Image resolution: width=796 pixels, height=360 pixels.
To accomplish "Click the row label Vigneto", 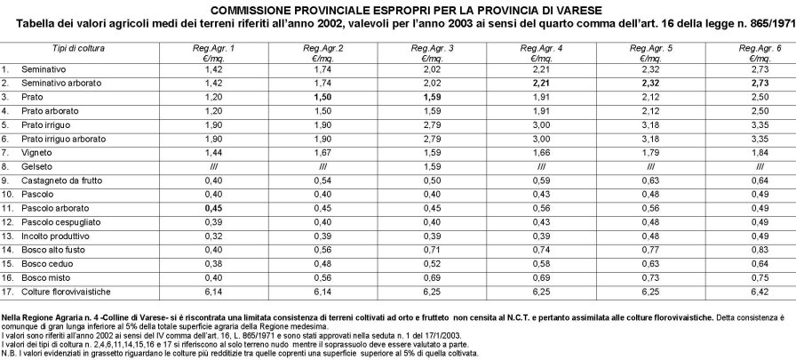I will pyautogui.click(x=36, y=153).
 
